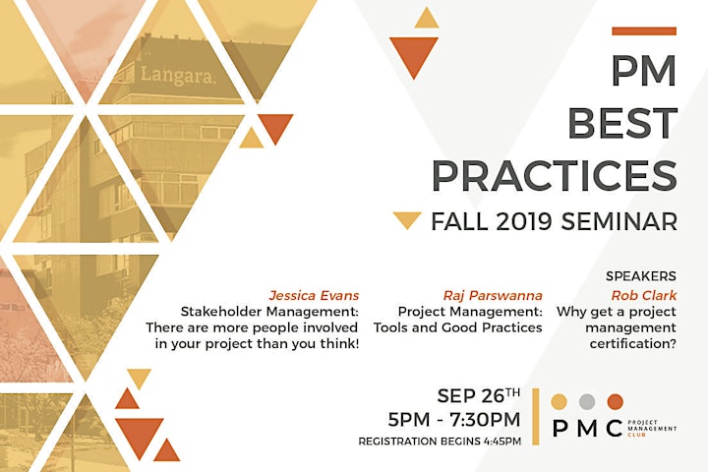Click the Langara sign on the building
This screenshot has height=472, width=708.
(178, 75)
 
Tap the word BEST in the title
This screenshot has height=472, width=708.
(622, 123)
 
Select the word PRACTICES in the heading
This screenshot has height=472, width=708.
(555, 175)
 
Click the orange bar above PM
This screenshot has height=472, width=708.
(644, 31)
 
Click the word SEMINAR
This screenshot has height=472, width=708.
(619, 221)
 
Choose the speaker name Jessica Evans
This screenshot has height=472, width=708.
(314, 295)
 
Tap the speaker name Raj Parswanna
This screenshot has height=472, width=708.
(493, 295)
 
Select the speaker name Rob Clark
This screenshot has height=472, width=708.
(644, 295)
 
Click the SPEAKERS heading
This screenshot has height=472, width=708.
(641, 276)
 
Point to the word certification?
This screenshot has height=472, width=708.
(633, 344)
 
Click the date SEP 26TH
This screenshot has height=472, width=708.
(479, 395)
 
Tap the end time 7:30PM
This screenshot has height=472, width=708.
(486, 420)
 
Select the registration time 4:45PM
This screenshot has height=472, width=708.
(502, 442)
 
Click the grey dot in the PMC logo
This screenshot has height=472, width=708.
(587, 401)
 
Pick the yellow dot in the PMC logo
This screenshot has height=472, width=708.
(559, 401)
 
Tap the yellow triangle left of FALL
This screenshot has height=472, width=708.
(407, 220)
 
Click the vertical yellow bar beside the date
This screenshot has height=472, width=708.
(536, 417)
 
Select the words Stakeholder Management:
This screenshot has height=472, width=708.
(269, 312)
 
